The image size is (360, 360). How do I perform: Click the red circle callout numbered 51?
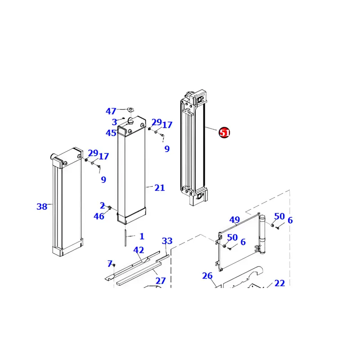point(225,133)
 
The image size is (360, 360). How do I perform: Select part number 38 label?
point(41,207)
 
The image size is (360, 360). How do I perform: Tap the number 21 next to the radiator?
point(159,188)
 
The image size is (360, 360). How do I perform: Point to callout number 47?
point(111,111)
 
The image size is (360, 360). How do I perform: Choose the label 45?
point(111,133)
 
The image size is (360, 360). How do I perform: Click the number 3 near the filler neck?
point(114,122)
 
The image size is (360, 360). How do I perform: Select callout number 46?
point(99,216)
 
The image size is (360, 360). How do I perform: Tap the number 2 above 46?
point(102,206)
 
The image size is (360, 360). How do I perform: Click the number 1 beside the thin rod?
point(142,236)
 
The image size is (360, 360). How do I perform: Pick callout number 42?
point(138,250)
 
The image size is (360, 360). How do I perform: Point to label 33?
point(167,241)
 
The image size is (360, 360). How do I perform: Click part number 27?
point(160,281)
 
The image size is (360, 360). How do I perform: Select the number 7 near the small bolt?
point(109,263)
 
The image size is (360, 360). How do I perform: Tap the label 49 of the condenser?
point(234,220)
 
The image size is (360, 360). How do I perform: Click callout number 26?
point(207,276)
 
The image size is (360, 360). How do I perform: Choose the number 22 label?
point(279,283)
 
